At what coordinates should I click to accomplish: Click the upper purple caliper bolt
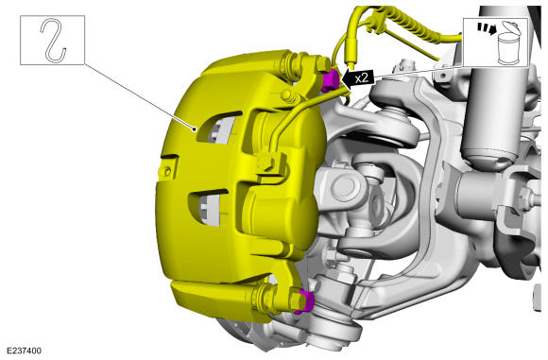pos(331,80)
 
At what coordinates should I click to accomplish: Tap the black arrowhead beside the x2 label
pos(346,79)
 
